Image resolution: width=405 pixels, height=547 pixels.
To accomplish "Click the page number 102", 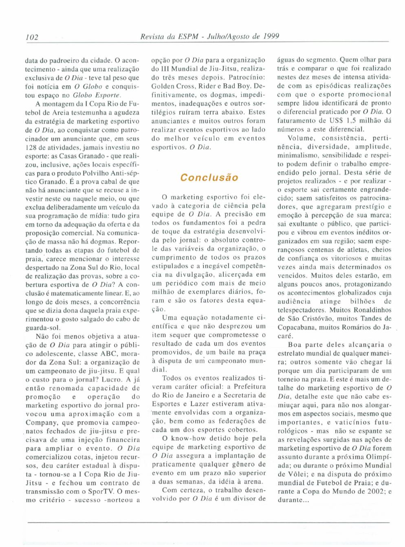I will tap(32, 37).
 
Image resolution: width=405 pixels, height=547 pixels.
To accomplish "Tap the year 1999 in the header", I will tap(271, 36).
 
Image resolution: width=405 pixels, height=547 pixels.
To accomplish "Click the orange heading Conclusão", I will tap(209, 177).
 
